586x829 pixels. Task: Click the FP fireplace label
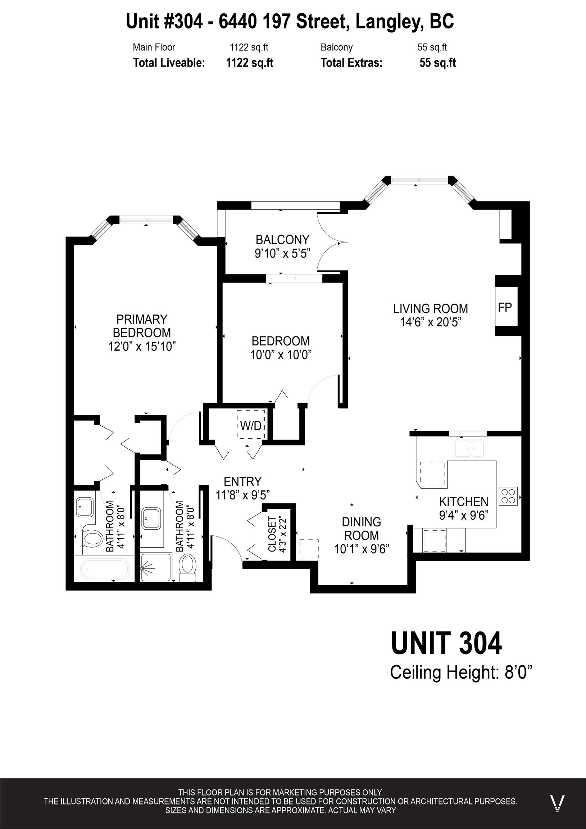(505, 307)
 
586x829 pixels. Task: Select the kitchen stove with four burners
(508, 496)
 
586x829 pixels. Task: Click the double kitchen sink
(469, 449)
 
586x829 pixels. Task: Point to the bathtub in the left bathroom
(105, 568)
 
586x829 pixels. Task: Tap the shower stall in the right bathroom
(155, 567)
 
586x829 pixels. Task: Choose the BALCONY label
(282, 240)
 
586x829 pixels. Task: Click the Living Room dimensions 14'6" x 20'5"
(431, 322)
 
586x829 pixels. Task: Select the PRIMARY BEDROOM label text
(142, 326)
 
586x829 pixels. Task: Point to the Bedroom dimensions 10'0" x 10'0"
(281, 355)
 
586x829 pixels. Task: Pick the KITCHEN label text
(464, 502)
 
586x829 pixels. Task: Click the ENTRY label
(242, 482)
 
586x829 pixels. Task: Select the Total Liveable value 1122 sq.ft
(250, 63)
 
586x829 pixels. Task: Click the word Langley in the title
(389, 22)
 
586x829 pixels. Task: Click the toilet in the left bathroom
(92, 539)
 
